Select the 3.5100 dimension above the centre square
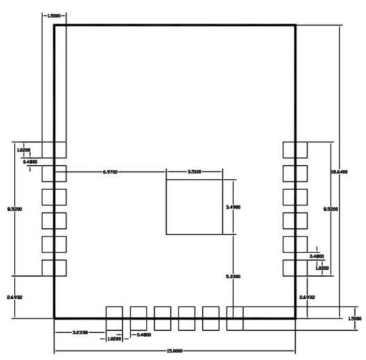[x=194, y=171]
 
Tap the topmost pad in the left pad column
[x=53, y=149]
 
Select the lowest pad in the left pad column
[x=53, y=268]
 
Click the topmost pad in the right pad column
[x=294, y=149]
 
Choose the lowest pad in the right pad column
[x=294, y=268]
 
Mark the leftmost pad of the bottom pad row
[x=114, y=318]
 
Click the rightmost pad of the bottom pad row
[x=235, y=318]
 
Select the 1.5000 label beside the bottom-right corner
[x=353, y=318]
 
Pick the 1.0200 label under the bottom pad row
[x=115, y=339]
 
